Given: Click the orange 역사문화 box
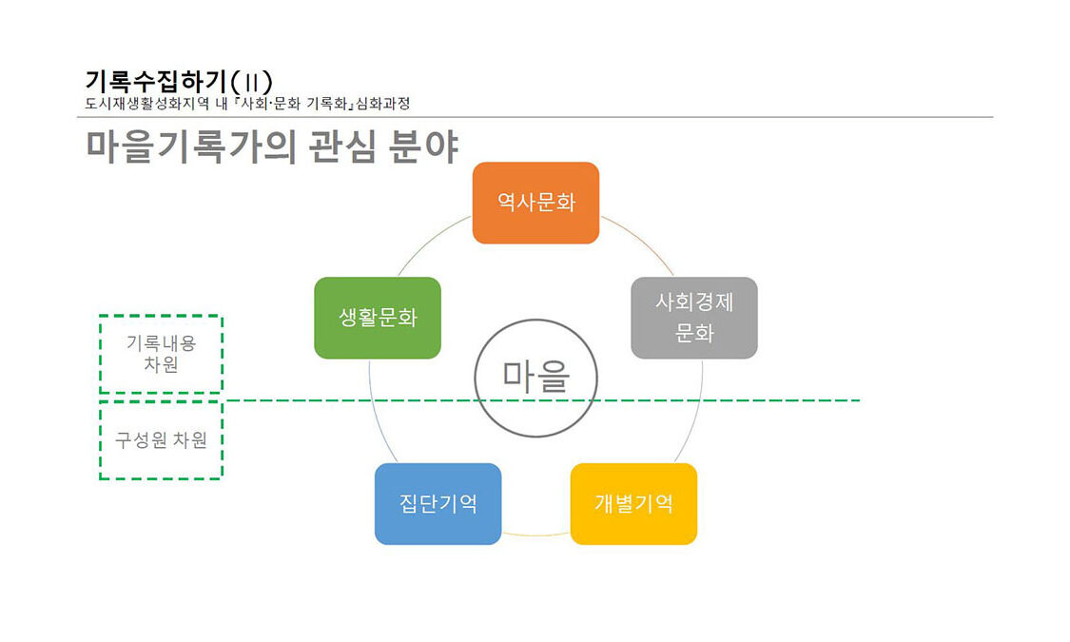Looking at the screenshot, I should (x=535, y=203).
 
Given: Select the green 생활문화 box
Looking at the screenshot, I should (x=378, y=318).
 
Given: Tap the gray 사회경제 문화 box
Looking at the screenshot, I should (x=693, y=318).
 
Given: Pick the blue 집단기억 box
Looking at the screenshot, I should (x=438, y=503).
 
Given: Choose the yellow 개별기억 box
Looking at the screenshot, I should (x=633, y=503).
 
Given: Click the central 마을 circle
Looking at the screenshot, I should (x=535, y=378).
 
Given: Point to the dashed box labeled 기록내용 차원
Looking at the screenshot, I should (x=161, y=354).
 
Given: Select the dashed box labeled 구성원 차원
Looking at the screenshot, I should (x=161, y=440).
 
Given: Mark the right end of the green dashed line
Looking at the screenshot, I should (x=858, y=400).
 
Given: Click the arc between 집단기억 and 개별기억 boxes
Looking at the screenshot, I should (x=535, y=535).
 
